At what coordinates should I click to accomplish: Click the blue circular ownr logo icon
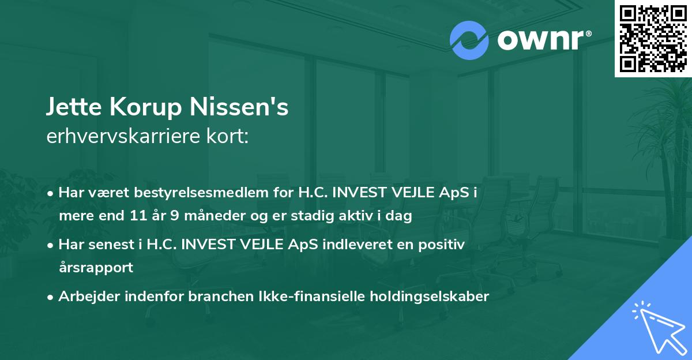[469, 40]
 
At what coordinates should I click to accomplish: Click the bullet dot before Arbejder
[51, 297]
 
